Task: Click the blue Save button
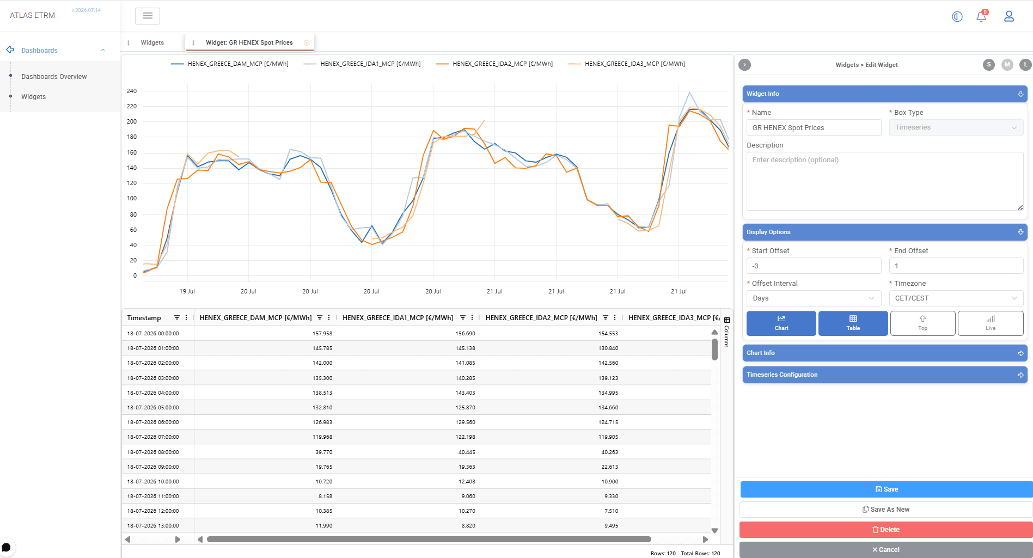[886, 489]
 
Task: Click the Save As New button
[886, 510]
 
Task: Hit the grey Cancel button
[886, 550]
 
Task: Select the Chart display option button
[781, 323]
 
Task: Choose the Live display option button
[990, 323]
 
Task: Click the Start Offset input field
[814, 266]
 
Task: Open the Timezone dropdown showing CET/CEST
[956, 298]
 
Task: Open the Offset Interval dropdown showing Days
[814, 298]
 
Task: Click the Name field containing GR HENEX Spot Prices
[814, 127]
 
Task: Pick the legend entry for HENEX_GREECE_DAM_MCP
[230, 64]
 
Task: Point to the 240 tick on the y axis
[132, 91]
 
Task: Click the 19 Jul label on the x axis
[187, 291]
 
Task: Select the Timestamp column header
[144, 318]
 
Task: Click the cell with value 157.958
[322, 334]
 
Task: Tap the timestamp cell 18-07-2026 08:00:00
[153, 452]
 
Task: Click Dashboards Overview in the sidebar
[54, 77]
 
